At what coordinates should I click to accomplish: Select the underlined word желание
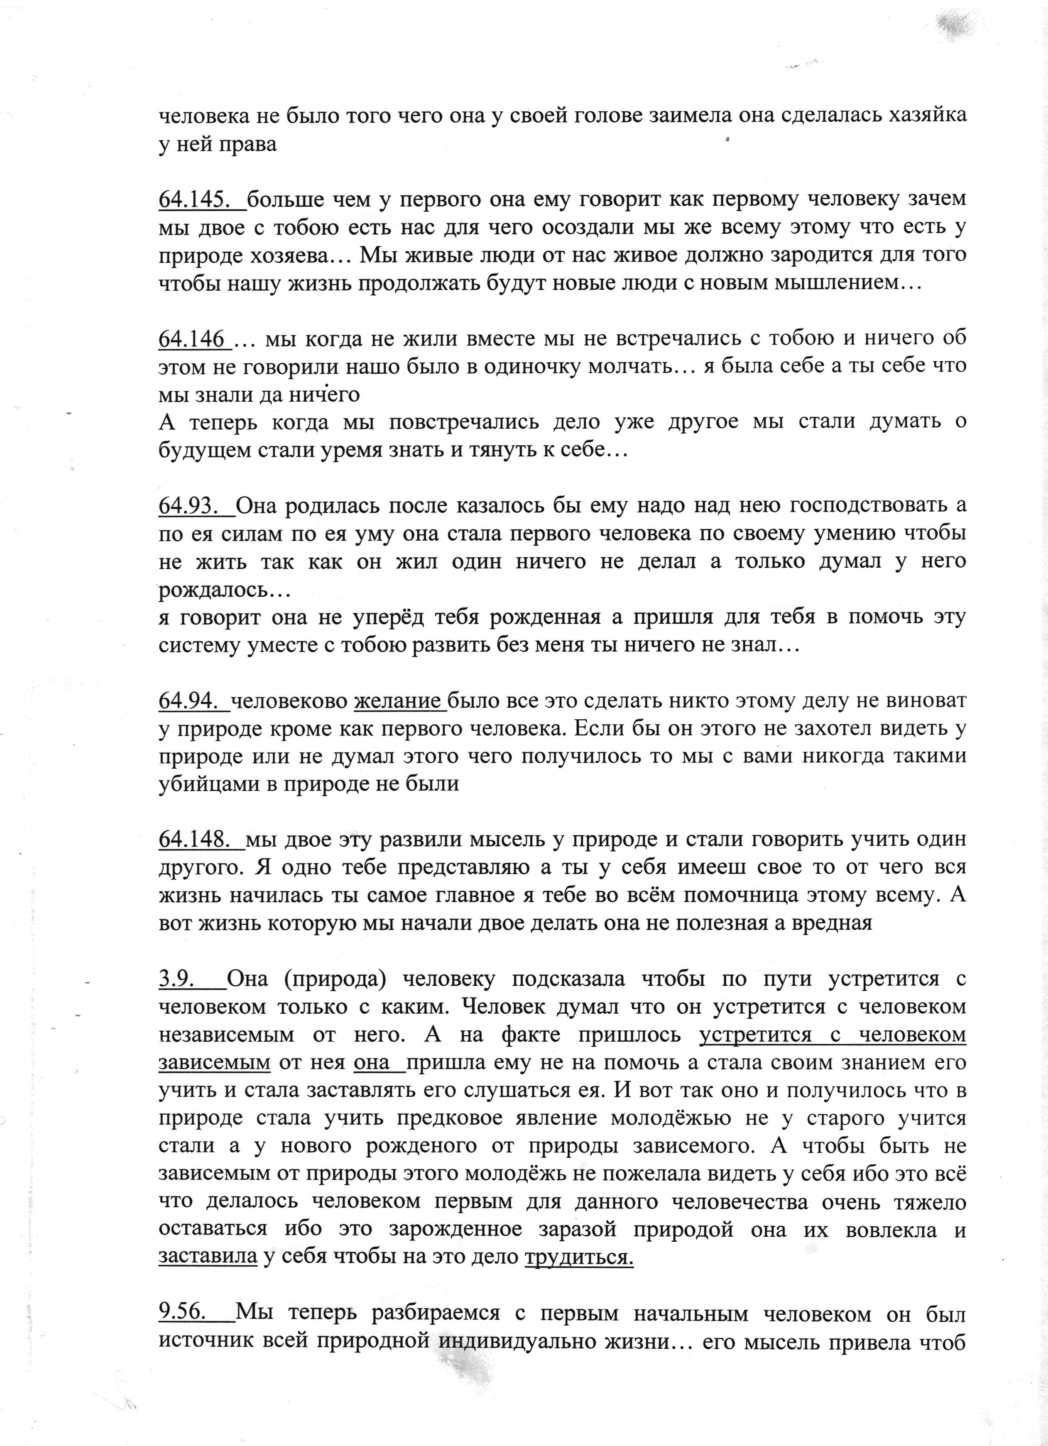[399, 701]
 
